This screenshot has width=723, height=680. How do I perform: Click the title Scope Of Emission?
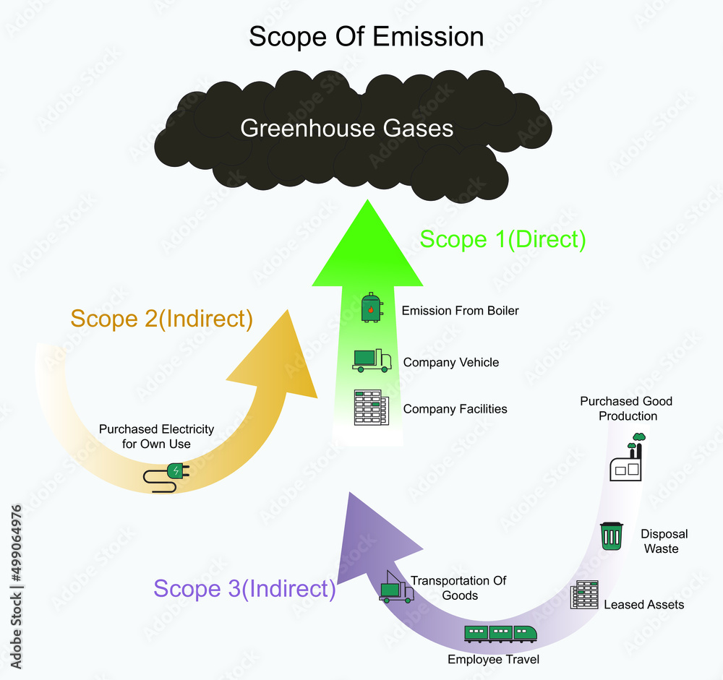pos(366,36)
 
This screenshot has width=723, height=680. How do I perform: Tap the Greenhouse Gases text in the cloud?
pos(347,129)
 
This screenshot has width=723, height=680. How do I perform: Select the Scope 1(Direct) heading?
pos(502,239)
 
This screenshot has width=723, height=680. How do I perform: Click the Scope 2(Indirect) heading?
pos(161,318)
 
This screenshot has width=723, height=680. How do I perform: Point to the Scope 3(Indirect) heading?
pos(244,588)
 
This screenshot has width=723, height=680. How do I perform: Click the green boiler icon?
pos(371,309)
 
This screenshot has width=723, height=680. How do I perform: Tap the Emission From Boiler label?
pos(461,311)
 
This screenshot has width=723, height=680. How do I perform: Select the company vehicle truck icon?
pos(372,360)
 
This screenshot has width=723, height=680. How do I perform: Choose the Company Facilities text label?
pos(455,409)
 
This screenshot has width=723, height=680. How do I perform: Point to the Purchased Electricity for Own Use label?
pos(156,436)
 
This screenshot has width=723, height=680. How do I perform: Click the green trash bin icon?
pos(612,536)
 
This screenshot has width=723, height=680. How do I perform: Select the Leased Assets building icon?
pos(584,594)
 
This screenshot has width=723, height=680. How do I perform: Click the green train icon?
pos(501,633)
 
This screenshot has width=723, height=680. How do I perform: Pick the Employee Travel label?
pos(493,659)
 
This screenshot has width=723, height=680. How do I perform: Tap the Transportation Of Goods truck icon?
pos(395,588)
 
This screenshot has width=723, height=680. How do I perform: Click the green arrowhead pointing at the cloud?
pos(367,246)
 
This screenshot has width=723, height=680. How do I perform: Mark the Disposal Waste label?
pos(664,541)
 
